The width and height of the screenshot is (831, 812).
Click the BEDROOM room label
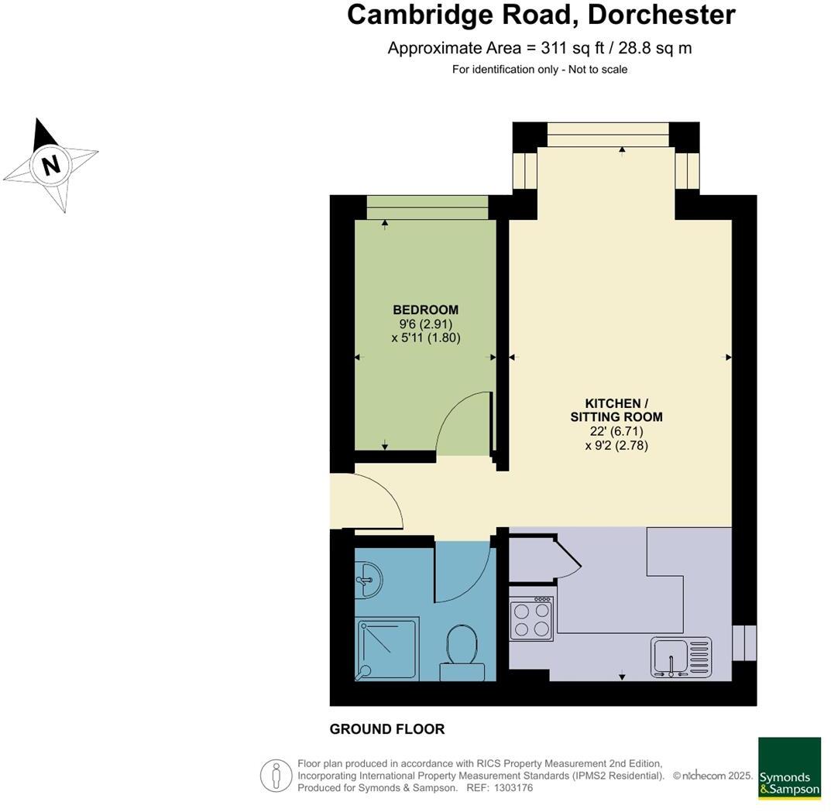pyautogui.click(x=425, y=310)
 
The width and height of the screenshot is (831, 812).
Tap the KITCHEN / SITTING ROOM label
pyautogui.click(x=616, y=410)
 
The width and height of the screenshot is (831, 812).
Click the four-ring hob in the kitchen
pyautogui.click(x=531, y=618)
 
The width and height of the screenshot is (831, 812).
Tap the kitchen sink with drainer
pyautogui.click(x=681, y=656)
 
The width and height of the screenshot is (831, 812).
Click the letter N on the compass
pyautogui.click(x=51, y=165)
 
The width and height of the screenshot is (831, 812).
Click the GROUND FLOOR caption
pyautogui.click(x=387, y=729)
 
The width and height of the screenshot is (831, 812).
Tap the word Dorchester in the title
pyautogui.click(x=661, y=15)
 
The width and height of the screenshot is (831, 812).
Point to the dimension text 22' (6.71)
pyautogui.click(x=616, y=431)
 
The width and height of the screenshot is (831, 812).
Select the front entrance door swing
pyautogui.click(x=369, y=501)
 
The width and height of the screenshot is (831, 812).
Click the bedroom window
pyautogui.click(x=427, y=207)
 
